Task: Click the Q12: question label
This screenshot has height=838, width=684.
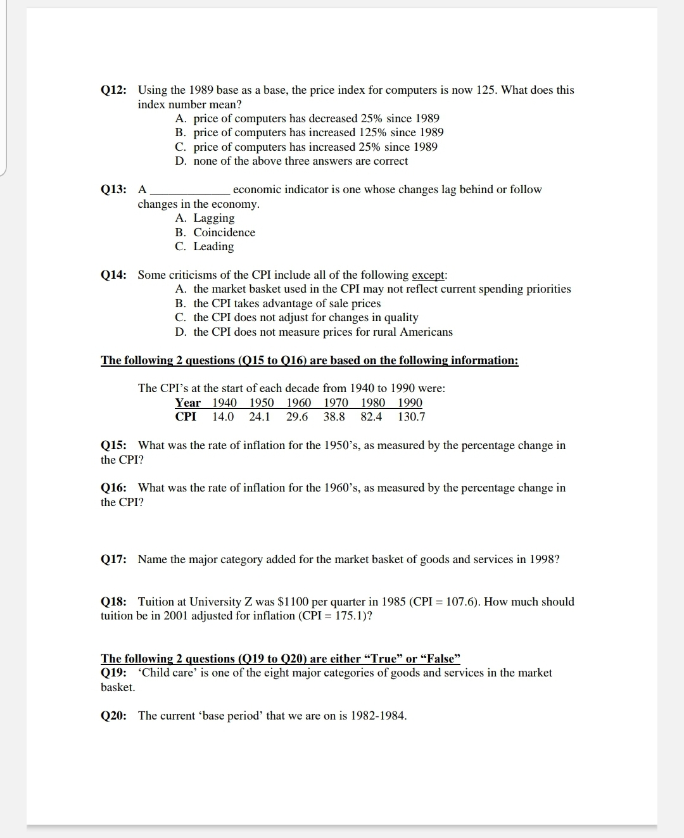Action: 113,90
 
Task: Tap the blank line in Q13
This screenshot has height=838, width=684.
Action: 190,190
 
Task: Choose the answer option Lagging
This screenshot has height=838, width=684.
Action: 213,218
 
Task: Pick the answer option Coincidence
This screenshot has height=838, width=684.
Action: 224,232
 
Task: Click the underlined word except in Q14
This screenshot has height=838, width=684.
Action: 429,275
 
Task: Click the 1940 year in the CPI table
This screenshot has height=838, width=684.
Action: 224,403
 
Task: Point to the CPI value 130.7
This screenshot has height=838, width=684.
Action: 411,417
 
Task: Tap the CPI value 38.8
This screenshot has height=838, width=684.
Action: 334,417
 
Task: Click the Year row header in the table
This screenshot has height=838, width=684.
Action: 187,403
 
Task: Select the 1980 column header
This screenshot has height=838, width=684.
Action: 373,403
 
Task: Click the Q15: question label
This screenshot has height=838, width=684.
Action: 113,445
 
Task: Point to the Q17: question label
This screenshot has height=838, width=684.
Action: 113,559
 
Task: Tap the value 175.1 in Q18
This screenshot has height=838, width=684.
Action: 351,616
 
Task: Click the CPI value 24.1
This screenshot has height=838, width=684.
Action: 260,417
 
